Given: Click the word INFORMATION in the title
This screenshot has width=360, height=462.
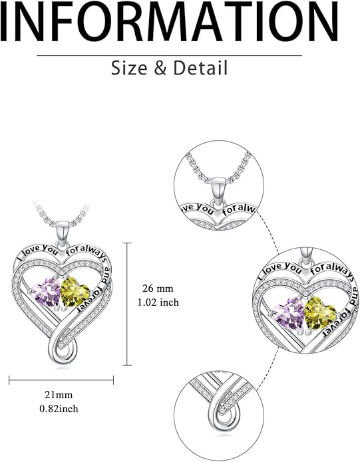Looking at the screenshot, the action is [x=169, y=21].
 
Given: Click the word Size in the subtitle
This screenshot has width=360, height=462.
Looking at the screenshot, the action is [x=129, y=68].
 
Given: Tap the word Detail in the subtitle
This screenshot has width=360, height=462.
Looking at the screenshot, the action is [x=200, y=68].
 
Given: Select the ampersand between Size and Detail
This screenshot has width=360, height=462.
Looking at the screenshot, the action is [x=160, y=68].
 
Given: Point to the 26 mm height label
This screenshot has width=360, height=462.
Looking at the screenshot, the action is [x=158, y=288].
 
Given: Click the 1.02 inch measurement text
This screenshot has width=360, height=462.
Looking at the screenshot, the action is [x=158, y=302].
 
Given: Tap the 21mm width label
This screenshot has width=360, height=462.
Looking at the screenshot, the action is [x=59, y=394].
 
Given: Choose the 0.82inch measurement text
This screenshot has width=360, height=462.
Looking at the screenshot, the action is [x=59, y=408].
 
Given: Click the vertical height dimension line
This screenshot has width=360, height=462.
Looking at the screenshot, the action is [x=127, y=304].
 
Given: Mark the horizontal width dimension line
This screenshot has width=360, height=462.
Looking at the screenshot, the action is [x=61, y=380].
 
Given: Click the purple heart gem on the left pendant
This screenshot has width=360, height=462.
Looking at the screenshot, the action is [x=47, y=292].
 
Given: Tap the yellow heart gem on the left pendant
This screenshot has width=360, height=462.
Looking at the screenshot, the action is [x=75, y=292].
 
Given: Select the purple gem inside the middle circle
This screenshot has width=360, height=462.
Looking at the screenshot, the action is [x=289, y=313].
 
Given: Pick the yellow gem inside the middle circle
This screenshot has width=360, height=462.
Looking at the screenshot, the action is [x=320, y=313].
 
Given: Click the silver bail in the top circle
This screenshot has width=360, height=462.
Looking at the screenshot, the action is [x=218, y=190].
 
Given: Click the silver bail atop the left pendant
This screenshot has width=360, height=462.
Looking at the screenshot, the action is [x=63, y=233].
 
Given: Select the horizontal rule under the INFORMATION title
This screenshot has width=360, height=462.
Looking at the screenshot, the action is [x=169, y=55].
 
